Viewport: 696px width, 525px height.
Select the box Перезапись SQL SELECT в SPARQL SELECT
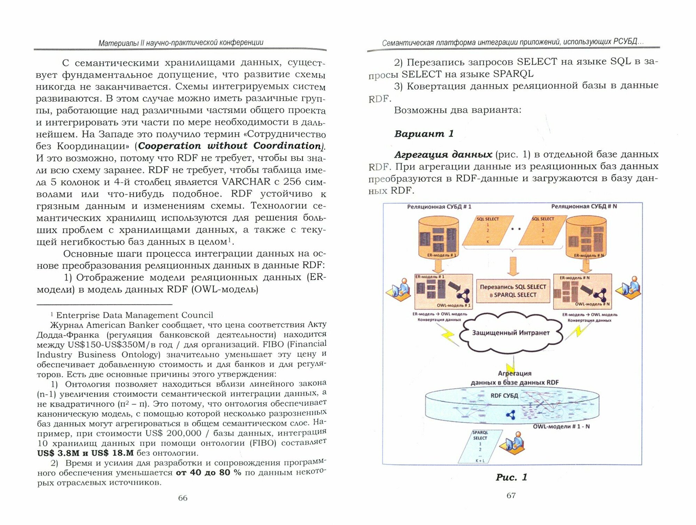click(513, 291)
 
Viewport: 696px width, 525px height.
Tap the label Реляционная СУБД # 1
click(439, 207)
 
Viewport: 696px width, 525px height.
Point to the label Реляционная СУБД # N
click(584, 207)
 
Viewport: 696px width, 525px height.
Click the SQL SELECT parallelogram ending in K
click(488, 230)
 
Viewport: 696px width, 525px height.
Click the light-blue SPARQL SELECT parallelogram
click(480, 447)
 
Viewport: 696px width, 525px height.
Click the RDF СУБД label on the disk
click(504, 396)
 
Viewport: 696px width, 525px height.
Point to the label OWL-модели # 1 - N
click(561, 427)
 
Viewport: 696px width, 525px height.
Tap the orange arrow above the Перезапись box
click(513, 266)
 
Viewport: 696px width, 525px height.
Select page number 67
click(511, 495)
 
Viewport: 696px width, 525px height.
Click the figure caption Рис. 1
click(511, 477)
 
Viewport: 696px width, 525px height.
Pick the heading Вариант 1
click(424, 134)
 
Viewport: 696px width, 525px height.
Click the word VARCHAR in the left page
click(246, 182)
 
